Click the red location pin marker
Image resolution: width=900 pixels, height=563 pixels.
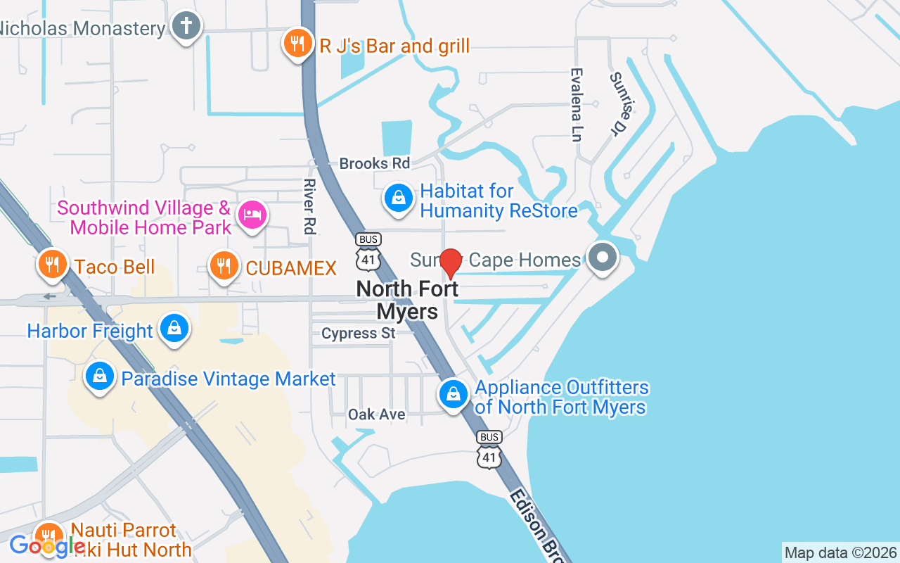pos(450,263)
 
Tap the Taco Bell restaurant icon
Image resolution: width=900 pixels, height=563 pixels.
pos(51,265)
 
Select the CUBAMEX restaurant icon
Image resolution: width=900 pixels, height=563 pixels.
pos(224,266)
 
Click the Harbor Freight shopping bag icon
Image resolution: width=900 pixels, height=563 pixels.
pos(174,329)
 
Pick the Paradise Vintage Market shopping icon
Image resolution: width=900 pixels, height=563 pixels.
pos(101,377)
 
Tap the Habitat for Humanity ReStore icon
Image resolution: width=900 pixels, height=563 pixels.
pos(399,198)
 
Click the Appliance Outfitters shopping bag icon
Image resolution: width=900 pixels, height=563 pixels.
pos(454,395)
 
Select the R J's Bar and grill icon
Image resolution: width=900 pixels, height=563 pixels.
pos(298,44)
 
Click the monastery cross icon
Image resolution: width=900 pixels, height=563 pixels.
pos(186,27)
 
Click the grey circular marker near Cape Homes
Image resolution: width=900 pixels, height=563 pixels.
pos(602,258)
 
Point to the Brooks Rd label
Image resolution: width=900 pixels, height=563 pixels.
pos(374,163)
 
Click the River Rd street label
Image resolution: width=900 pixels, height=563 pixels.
pos(309,206)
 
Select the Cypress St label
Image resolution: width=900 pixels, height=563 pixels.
pos(358,333)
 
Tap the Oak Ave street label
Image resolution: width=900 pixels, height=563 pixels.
pos(377,415)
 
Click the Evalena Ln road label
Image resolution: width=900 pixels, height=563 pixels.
pos(577,104)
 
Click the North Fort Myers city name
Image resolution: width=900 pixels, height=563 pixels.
pos(408,299)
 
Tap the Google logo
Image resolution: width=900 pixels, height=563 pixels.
pos(47,545)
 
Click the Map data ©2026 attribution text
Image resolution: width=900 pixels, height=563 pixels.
pos(840,552)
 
